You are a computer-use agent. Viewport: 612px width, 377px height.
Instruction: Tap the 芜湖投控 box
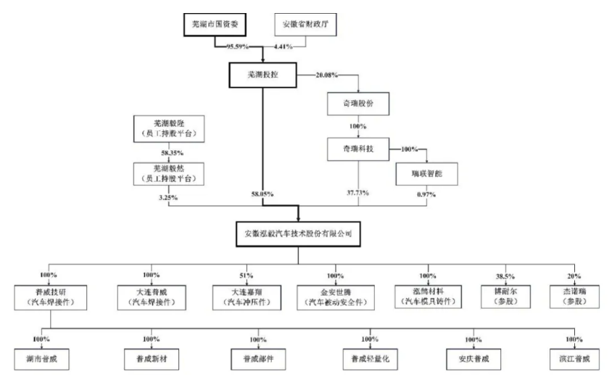coord(262,75)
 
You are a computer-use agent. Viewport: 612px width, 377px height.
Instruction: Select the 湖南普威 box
coord(41,358)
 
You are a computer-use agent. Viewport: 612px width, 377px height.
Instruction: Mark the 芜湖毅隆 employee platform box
coord(168,128)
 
